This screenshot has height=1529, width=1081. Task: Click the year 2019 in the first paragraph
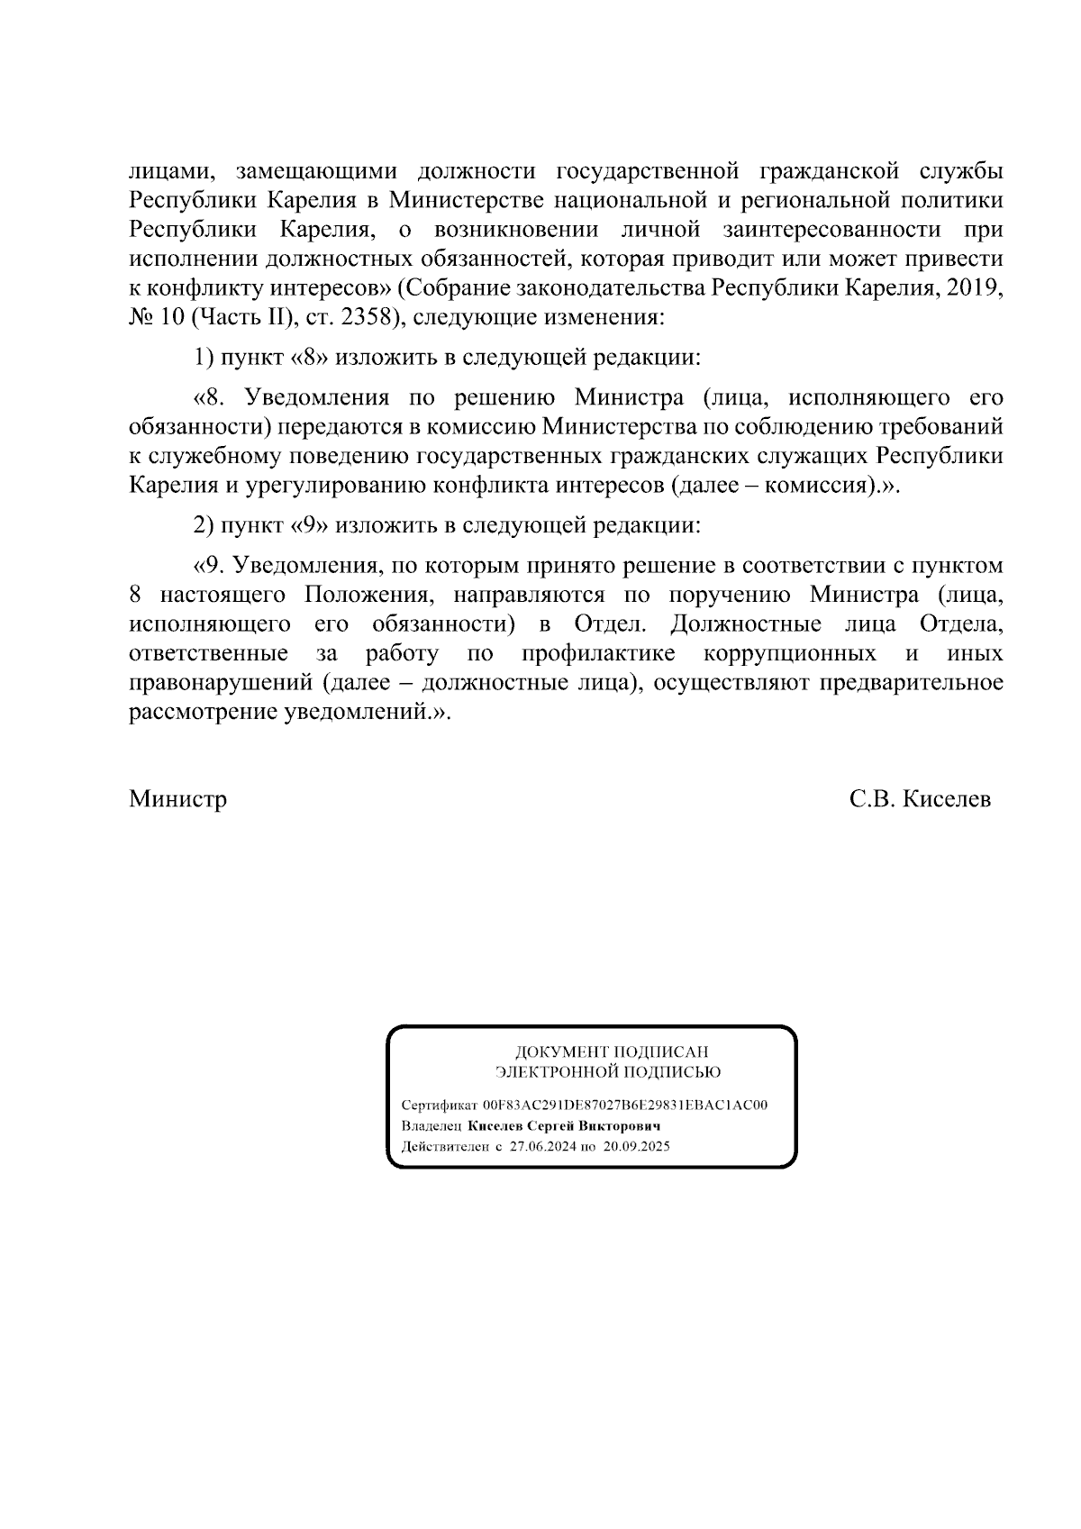click(x=974, y=288)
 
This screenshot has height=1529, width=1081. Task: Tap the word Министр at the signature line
click(x=177, y=799)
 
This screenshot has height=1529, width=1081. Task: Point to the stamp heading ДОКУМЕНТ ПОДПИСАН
click(x=611, y=1051)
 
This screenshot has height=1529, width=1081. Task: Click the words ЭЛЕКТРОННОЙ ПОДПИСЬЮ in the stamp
click(x=608, y=1072)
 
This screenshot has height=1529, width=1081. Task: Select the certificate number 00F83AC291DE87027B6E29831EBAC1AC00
click(x=625, y=1106)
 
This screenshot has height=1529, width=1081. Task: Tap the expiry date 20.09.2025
click(x=637, y=1147)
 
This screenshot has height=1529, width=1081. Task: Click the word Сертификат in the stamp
click(x=441, y=1106)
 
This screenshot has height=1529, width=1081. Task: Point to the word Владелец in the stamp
click(x=432, y=1126)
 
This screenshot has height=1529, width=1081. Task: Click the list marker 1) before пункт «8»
click(x=204, y=358)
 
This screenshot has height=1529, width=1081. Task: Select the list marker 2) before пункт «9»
click(x=204, y=524)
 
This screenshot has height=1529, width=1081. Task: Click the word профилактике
click(x=598, y=652)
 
